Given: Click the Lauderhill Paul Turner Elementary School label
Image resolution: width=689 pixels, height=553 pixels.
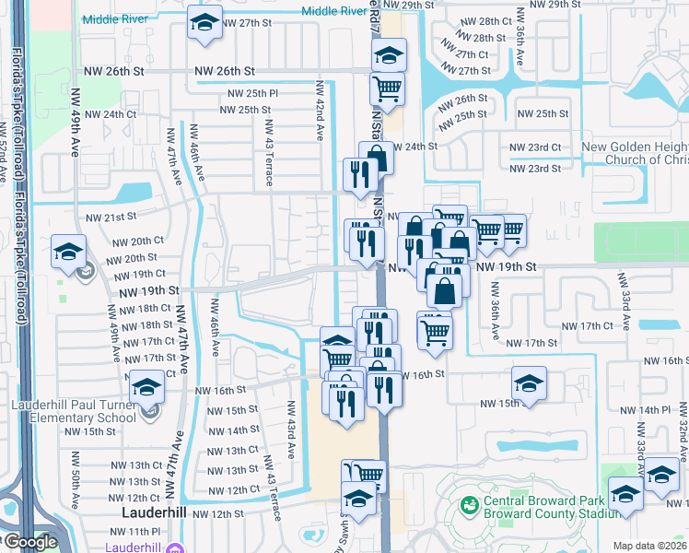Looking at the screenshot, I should (x=74, y=411).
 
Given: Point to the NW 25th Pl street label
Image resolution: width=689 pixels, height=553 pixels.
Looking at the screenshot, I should (x=249, y=94).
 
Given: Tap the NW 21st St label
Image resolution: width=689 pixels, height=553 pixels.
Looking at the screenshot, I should (x=104, y=218).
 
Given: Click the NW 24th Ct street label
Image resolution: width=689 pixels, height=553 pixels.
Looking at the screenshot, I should (x=111, y=114).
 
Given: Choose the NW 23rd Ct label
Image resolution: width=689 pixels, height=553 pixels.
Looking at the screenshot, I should (x=535, y=147).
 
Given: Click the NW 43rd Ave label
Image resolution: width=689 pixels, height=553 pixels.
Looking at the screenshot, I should (x=292, y=425).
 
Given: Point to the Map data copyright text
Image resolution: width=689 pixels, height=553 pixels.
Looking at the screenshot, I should (x=650, y=546).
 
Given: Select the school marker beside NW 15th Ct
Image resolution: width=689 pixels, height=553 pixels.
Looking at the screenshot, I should (x=529, y=384).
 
